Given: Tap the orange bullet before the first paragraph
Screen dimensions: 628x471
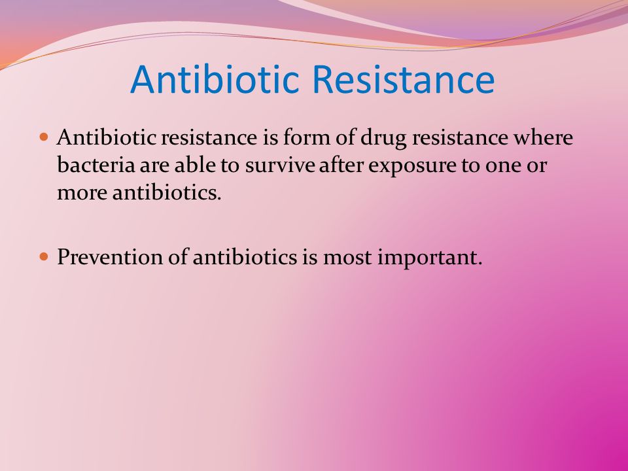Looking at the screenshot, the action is click(44, 137).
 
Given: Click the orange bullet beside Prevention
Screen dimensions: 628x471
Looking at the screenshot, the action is click(44, 256).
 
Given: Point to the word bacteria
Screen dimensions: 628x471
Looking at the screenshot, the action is click(96, 165).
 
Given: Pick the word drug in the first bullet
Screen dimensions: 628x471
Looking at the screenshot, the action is click(384, 139).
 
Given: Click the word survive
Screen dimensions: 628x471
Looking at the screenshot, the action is click(280, 166).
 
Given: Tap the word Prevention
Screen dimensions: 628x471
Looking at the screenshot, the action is click(110, 256).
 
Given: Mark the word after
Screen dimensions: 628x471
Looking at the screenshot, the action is click(341, 165).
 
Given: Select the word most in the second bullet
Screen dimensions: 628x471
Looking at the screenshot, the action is click(347, 258).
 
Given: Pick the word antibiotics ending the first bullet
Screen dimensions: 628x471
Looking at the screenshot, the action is click(167, 192).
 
